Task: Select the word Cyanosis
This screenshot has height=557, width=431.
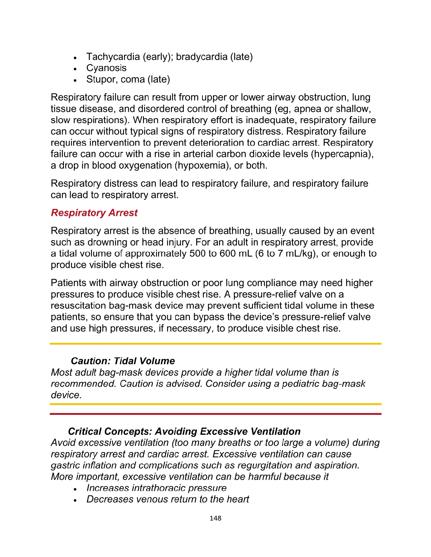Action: click(106, 68)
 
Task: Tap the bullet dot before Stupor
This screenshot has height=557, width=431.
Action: click(76, 80)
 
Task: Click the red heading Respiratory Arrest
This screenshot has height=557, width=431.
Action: click(94, 213)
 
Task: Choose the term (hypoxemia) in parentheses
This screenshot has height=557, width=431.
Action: click(202, 165)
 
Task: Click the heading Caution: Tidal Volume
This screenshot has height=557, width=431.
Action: click(123, 361)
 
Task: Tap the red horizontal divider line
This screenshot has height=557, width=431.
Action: click(215, 414)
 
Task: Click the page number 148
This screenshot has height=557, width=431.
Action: click(215, 518)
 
